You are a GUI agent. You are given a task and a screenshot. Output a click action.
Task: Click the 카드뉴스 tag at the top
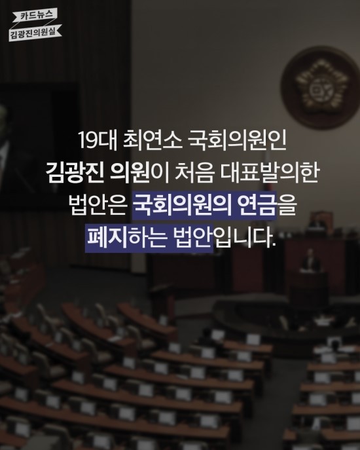37,15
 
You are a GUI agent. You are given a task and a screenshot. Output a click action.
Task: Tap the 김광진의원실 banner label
35,33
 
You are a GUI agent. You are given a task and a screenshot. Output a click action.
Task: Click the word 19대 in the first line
98,141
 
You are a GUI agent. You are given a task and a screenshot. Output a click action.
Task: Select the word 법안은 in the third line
98,206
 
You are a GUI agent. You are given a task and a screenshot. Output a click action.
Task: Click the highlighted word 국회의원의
181,206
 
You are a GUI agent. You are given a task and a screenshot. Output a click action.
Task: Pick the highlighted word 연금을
266,206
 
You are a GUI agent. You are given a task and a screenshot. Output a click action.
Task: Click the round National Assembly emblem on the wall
319,88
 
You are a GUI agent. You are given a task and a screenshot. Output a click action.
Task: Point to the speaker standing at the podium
311,262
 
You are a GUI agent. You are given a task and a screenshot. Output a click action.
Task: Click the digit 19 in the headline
88,141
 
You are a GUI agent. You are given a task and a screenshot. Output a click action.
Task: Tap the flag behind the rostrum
268,172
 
